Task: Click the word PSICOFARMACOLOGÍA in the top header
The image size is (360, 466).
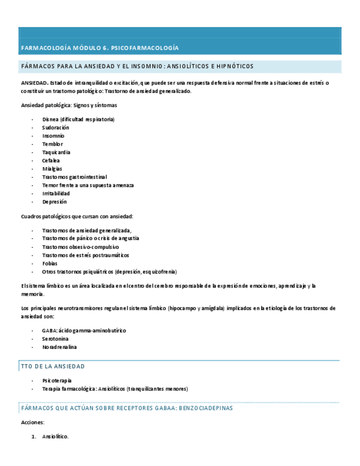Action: click(145, 48)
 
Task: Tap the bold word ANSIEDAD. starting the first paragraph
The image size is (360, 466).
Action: click(34, 83)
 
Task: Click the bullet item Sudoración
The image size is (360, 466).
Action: click(56, 127)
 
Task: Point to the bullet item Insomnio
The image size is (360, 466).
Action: click(53, 136)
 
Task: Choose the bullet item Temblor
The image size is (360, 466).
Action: click(52, 144)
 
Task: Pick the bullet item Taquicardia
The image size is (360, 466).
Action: click(56, 152)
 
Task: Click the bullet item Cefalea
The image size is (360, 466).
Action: click(51, 160)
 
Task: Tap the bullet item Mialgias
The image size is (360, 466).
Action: click(52, 169)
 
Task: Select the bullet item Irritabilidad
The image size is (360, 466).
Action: click(56, 193)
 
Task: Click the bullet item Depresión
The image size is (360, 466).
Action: click(54, 202)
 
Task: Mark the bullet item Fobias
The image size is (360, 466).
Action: click(49, 263)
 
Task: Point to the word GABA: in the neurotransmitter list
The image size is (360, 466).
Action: click(49, 331)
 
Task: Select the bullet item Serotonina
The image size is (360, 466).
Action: click(56, 339)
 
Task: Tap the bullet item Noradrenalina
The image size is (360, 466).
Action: click(59, 347)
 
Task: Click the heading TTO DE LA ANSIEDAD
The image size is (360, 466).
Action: click(53, 367)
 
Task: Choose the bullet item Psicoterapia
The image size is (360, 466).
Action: click(57, 380)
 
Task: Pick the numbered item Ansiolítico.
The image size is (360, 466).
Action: click(55, 436)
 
